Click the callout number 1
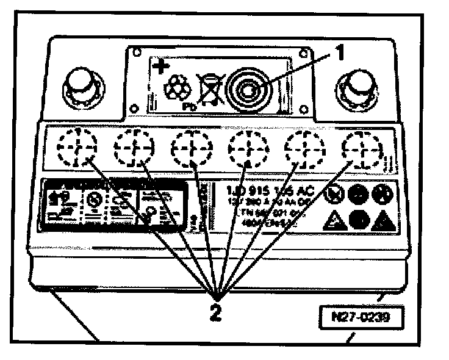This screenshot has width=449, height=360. coord(340,54)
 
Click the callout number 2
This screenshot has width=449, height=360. coord(215,313)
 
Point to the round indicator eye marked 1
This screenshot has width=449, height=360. coord(248,90)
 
